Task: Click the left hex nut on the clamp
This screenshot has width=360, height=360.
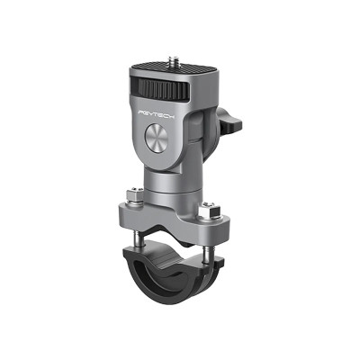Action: (133, 193)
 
